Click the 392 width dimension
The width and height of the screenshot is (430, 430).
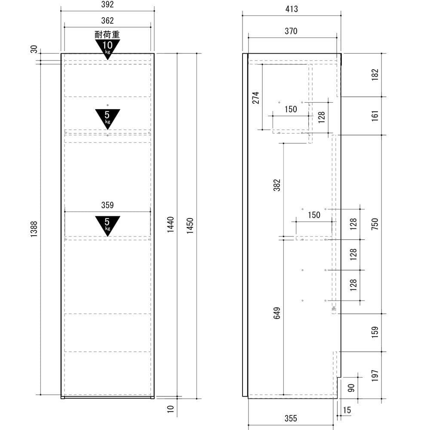(107, 4)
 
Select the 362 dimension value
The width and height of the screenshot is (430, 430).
(107, 21)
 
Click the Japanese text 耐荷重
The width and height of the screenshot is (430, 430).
(107, 35)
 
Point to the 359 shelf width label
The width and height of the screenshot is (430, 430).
(107, 205)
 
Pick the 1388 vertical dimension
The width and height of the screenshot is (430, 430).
(34, 229)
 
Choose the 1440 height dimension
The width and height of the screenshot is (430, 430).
(171, 224)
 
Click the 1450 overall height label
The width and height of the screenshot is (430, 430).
(190, 226)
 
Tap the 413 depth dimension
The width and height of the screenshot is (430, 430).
(292, 9)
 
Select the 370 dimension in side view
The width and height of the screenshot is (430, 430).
(291, 31)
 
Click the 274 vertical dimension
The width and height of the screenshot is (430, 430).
(255, 98)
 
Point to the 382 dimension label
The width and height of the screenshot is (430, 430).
(277, 185)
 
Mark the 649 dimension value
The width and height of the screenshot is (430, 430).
(277, 313)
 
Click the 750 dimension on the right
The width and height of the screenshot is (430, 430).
(375, 224)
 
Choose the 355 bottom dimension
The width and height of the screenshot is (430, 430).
(291, 418)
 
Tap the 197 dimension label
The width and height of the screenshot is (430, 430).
(375, 375)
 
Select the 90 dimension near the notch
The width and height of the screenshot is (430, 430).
(351, 388)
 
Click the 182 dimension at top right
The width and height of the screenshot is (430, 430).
(375, 75)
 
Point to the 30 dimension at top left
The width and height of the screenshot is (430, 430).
(34, 49)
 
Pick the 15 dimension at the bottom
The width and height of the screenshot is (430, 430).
(347, 410)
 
